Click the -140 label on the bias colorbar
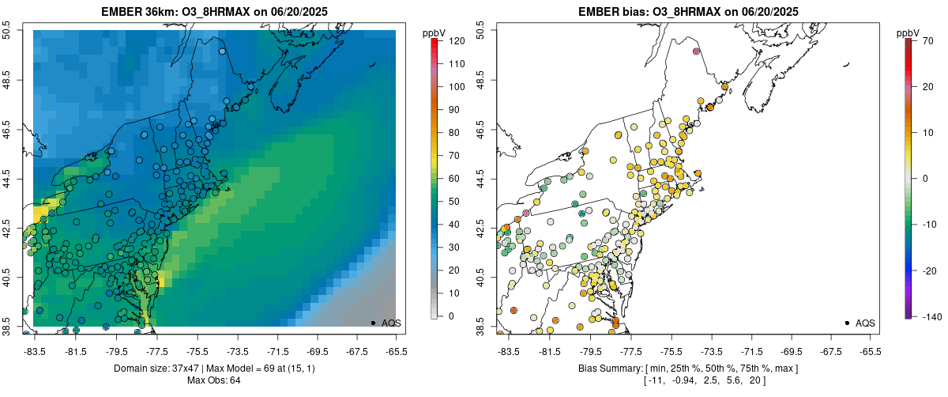click(x=931, y=316)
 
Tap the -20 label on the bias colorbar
click(x=931, y=270)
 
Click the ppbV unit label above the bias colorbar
click(x=908, y=32)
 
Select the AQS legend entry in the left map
click(x=390, y=323)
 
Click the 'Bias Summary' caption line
click(x=689, y=369)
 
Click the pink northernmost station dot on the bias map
click(x=696, y=51)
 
